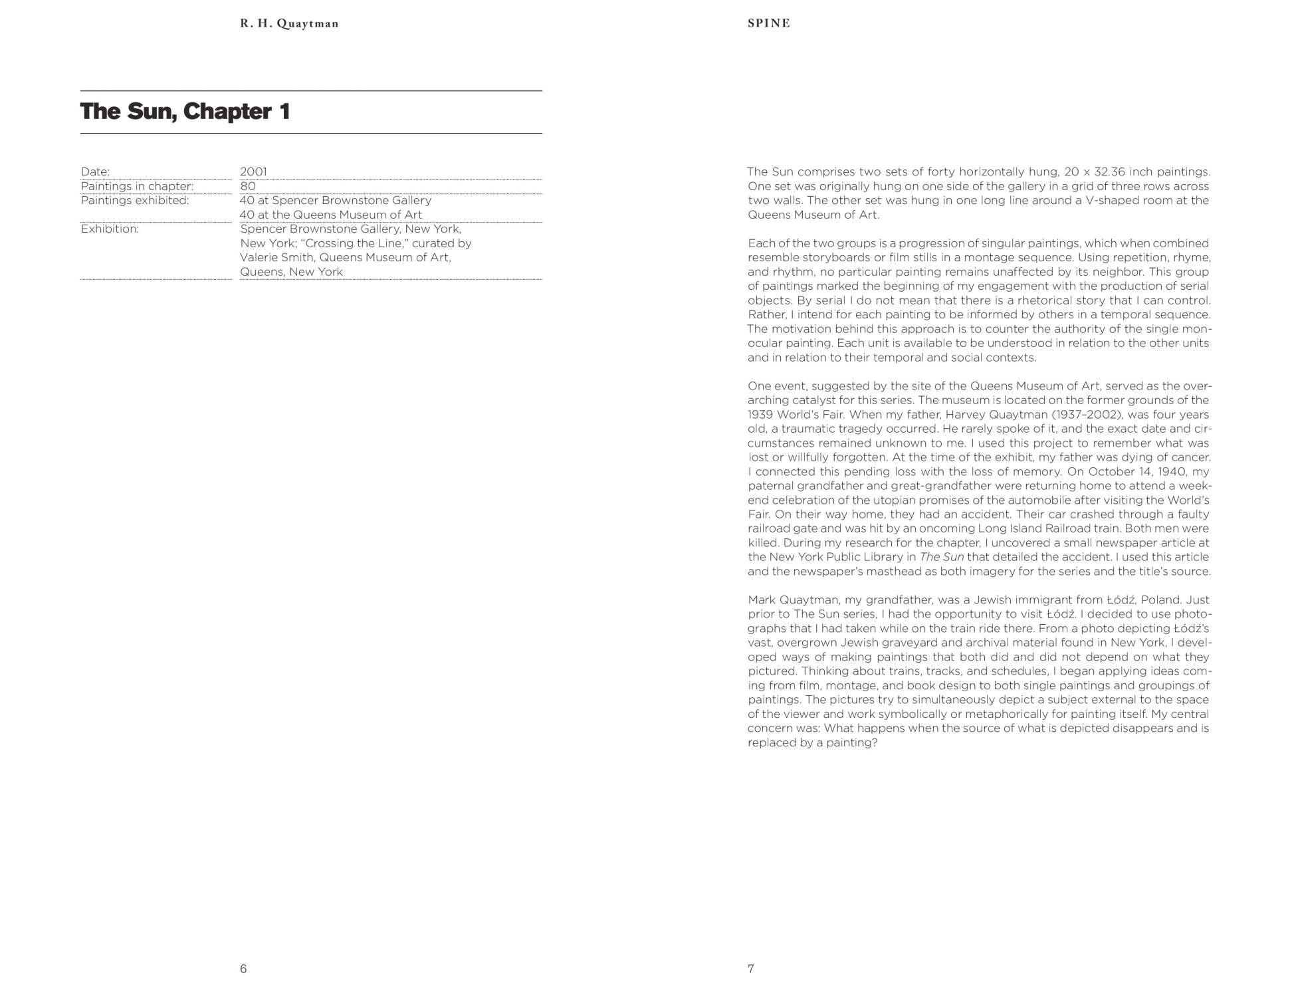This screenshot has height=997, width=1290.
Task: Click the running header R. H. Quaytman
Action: (289, 24)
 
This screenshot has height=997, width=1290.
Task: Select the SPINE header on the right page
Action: (769, 23)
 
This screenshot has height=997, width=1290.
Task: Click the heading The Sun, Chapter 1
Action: (185, 112)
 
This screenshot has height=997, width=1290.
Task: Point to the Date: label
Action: (95, 171)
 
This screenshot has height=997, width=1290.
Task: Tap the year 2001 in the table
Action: (253, 171)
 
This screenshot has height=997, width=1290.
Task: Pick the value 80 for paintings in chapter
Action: (248, 186)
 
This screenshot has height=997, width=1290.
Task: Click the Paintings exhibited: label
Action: (135, 200)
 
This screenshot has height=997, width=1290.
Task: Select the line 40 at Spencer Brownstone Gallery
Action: (336, 200)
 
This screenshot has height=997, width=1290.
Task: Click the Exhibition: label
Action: (110, 229)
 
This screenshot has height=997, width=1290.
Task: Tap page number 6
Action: (243, 968)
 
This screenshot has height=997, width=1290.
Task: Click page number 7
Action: (751, 968)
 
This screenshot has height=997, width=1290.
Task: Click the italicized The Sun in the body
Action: (942, 557)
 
